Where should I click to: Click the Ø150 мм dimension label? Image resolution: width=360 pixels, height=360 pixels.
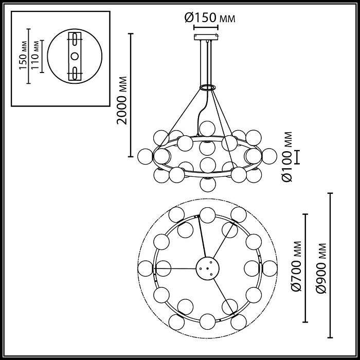(x=210, y=18)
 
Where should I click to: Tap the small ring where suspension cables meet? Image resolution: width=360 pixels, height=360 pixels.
(x=207, y=87)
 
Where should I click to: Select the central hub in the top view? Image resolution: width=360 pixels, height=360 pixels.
(x=208, y=268)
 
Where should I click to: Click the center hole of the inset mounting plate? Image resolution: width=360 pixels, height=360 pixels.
(x=75, y=56)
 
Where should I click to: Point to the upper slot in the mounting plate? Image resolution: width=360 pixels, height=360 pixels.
(x=75, y=40)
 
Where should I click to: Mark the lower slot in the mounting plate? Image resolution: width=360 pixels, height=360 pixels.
(x=75, y=72)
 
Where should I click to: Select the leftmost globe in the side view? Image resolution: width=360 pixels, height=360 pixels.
(x=146, y=155)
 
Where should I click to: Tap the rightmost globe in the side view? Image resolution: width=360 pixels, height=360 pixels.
(x=269, y=155)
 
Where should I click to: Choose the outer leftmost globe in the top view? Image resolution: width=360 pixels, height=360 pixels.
(x=146, y=268)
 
